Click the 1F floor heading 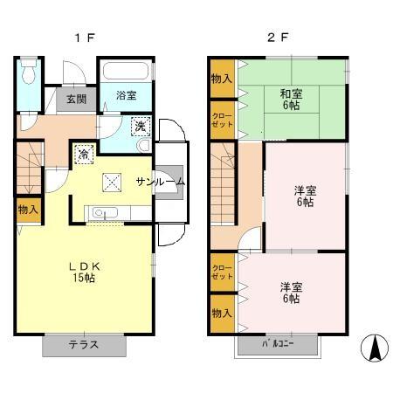click(x=85, y=38)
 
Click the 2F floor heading click(x=278, y=38)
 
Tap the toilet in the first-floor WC click(x=29, y=72)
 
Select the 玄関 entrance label click(x=77, y=99)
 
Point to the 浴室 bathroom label click(x=127, y=95)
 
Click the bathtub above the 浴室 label click(x=126, y=71)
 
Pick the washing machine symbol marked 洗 click(x=141, y=127)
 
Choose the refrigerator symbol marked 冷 click(x=84, y=155)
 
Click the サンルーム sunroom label click(x=161, y=182)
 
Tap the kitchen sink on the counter click(x=105, y=212)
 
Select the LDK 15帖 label click(x=84, y=272)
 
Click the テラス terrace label click(x=84, y=345)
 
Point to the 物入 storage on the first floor click(x=28, y=210)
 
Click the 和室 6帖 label click(x=291, y=100)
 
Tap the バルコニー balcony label click(x=278, y=344)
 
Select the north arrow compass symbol click(x=375, y=348)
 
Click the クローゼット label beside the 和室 click(x=223, y=120)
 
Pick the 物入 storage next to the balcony click(x=222, y=314)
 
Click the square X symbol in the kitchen click(x=112, y=183)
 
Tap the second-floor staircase click(x=223, y=183)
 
